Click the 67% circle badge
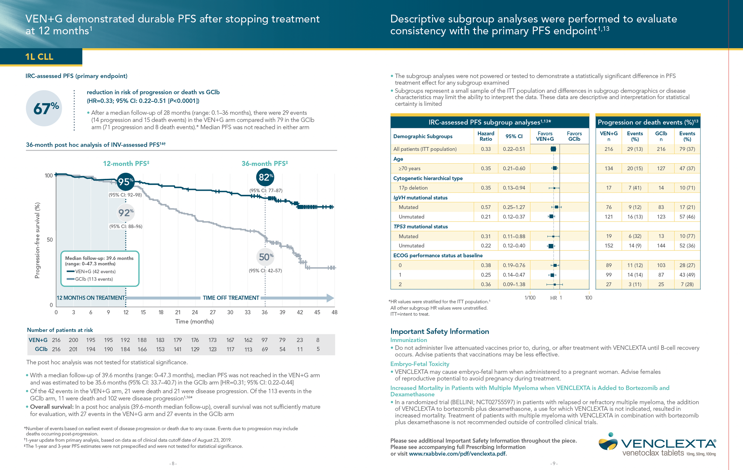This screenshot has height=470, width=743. pos(44,108)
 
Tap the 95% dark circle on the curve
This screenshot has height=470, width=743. pos(125,181)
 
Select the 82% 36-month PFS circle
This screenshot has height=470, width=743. pos(265,177)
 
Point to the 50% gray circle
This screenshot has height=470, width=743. pos(265,257)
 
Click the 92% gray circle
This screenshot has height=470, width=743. pos(126,212)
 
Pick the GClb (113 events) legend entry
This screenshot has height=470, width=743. pos(94,279)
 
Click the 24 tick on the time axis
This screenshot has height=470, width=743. pos(195,312)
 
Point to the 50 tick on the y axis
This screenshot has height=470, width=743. pos(50,240)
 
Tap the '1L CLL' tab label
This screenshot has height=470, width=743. pos(39,57)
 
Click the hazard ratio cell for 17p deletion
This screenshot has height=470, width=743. pos(486,188)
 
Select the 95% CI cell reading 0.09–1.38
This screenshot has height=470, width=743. pos(514,284)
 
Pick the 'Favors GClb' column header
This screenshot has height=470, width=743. pos(574,136)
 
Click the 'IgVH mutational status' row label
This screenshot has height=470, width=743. pos(420,198)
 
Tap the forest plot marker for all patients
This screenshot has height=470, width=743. pos(553,149)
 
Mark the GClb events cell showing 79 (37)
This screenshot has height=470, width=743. pos(687,149)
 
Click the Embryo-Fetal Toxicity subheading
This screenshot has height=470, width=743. pos(420,364)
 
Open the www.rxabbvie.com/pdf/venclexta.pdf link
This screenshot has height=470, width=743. pos(457,454)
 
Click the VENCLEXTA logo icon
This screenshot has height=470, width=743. pos(608,443)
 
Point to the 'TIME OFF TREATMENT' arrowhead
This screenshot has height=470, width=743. pos(330,298)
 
